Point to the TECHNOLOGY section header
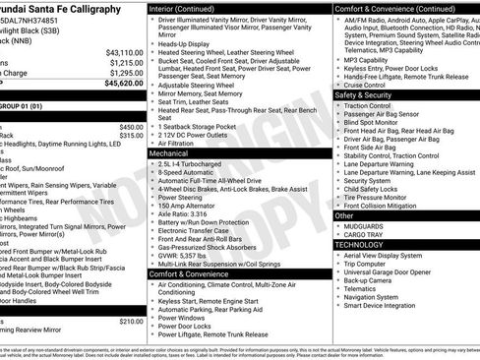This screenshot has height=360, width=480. (363, 245)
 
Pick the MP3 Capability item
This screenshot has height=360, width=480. (365, 59)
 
